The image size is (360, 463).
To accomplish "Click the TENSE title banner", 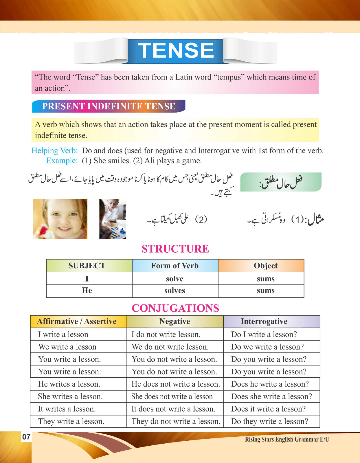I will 175,51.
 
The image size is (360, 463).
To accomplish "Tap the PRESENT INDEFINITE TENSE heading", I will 109,106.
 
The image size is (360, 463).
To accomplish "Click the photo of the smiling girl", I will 60,219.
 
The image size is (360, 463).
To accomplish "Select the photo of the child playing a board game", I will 113,219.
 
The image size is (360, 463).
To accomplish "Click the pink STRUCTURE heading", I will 175,249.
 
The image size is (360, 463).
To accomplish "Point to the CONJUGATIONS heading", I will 175,308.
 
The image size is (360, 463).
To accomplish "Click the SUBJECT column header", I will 87,266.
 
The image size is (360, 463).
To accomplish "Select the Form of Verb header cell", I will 175,266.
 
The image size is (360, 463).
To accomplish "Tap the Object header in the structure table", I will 265,266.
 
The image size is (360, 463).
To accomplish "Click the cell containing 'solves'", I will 175,291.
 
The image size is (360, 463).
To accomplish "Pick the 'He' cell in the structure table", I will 87,291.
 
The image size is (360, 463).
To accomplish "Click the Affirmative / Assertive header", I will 77,321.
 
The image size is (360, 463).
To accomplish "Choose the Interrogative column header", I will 264,321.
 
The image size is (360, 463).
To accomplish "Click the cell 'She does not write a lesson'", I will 172,396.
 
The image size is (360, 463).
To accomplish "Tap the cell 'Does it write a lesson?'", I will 268,409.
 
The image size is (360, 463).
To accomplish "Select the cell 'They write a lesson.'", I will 71,421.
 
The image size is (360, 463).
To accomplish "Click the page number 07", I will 26,437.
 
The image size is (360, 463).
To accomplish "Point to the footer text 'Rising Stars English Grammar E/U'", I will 287,439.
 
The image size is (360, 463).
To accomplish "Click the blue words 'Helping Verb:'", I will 55,150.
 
